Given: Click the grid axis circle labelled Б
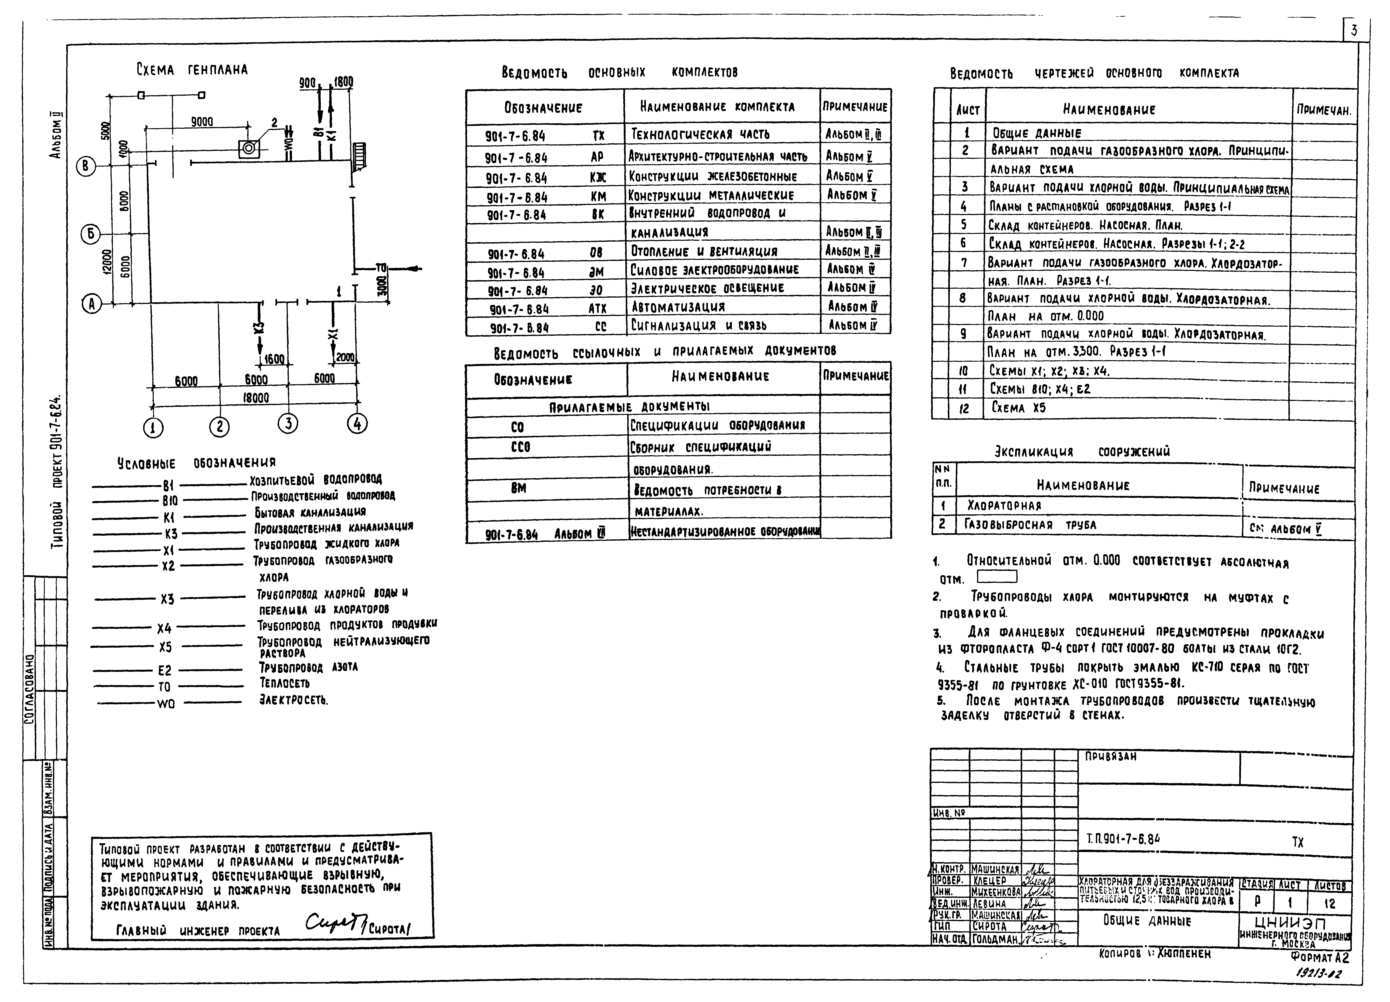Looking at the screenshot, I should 91,234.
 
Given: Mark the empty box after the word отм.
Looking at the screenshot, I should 996,577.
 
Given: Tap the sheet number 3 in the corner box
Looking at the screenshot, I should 1354,30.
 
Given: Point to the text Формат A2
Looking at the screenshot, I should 1319,958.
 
